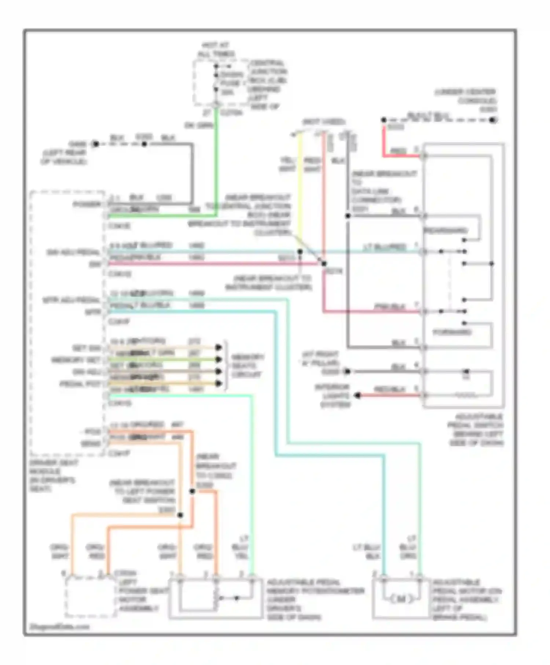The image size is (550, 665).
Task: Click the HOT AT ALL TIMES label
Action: click(216, 49)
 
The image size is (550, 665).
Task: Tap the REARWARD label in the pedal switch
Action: click(445, 231)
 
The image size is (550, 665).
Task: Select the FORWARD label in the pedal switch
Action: click(452, 332)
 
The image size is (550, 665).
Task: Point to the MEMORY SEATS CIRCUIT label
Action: click(247, 365)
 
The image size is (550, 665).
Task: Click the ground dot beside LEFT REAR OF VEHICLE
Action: click(95, 144)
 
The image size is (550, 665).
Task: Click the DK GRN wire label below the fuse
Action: click(198, 125)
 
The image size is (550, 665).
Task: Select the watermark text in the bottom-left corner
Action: click(59, 627)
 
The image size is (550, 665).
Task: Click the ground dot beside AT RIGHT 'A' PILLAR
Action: click(347, 372)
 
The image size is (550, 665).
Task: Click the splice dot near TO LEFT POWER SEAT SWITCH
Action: click(180, 515)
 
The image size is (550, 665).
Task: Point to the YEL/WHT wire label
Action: click(288, 165)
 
